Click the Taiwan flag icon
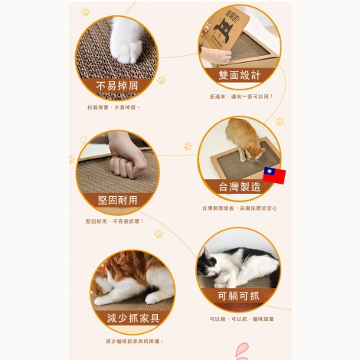coord(273,176)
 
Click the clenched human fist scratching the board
coord(123,163)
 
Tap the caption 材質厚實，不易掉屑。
coord(113,107)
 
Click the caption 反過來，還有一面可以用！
coord(241,97)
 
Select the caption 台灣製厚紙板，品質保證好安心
coord(240,208)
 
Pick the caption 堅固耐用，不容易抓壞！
coord(114,221)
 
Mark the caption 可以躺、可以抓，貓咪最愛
coord(241,319)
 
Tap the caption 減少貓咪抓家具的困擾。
coord(134,341)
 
